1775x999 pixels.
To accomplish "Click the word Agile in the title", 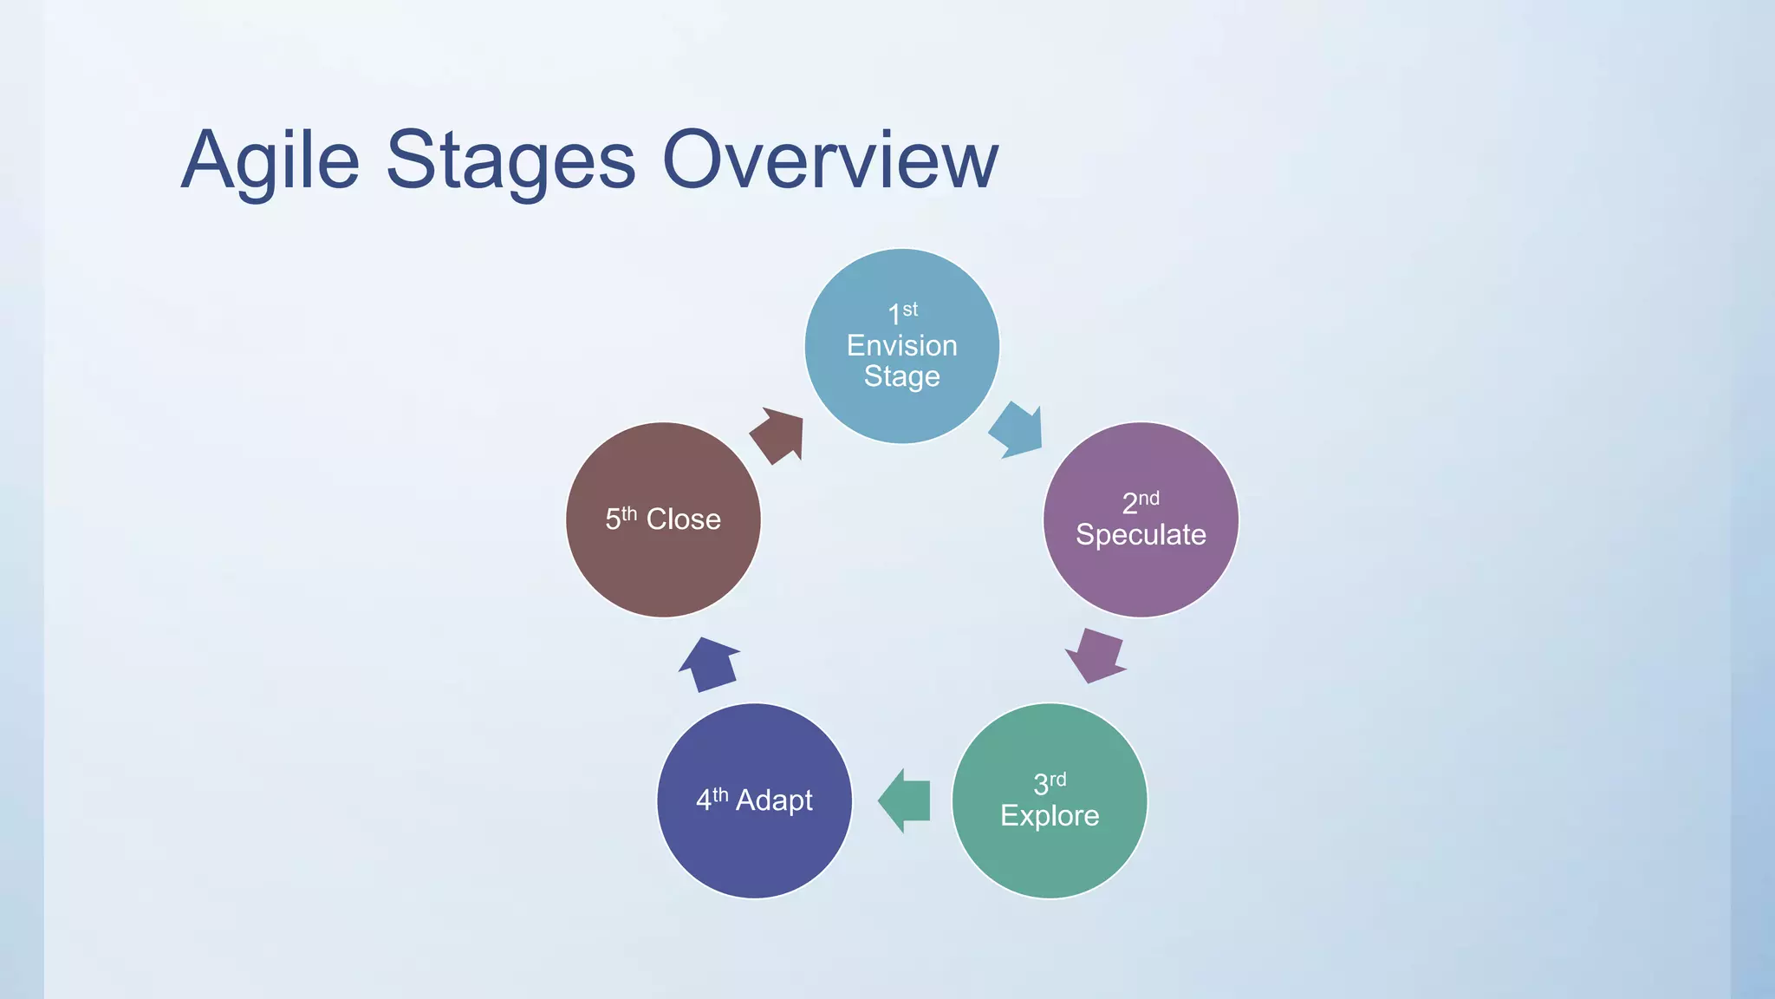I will (x=270, y=161).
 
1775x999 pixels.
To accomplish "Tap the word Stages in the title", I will (x=510, y=161).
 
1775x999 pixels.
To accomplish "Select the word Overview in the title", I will (x=829, y=161).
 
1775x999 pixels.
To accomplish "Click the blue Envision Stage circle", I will (x=901, y=408).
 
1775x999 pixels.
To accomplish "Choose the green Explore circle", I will (x=1049, y=859).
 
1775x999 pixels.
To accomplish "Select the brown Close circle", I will (x=663, y=572).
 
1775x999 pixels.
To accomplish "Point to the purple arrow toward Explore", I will (x=1096, y=656).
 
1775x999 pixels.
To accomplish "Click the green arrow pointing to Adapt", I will (x=906, y=800).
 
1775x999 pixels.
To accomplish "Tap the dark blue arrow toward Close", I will (x=710, y=664).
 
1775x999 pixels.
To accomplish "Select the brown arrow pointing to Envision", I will (x=778, y=435).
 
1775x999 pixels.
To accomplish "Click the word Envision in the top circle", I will (x=901, y=346).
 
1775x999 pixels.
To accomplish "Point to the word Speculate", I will (x=1141, y=535).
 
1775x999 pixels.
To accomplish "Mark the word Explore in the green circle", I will (x=1050, y=816).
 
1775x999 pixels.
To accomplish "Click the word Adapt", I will (x=774, y=800).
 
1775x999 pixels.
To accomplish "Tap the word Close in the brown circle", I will (x=683, y=519).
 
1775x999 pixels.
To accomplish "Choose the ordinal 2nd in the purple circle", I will (x=1140, y=502).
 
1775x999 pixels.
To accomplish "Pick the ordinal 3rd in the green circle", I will (x=1049, y=783).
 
